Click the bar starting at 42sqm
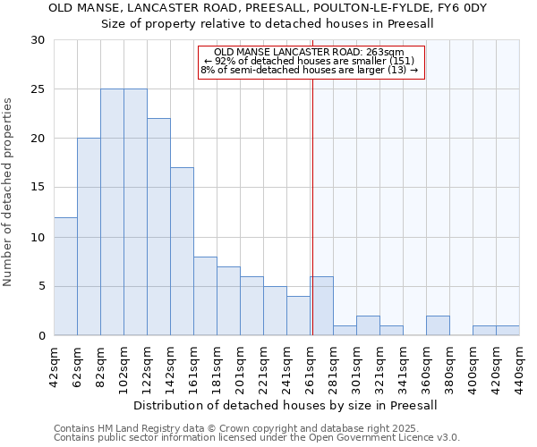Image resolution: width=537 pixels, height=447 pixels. click(65, 276)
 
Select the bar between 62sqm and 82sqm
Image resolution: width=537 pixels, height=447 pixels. click(89, 237)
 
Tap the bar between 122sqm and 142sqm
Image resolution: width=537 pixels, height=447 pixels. click(158, 227)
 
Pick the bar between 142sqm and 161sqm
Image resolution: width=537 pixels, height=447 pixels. click(182, 251)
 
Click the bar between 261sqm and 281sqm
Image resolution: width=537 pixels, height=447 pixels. click(321, 306)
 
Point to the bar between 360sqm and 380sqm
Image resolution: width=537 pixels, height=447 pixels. click(438, 325)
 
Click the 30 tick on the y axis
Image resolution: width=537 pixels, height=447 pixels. click(38, 40)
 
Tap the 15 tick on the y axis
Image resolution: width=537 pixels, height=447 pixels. click(38, 188)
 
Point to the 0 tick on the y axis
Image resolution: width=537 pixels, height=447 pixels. click(41, 335)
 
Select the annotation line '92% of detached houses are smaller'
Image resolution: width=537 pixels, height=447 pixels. click(309, 61)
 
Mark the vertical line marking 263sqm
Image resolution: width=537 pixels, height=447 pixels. click(312, 197)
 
